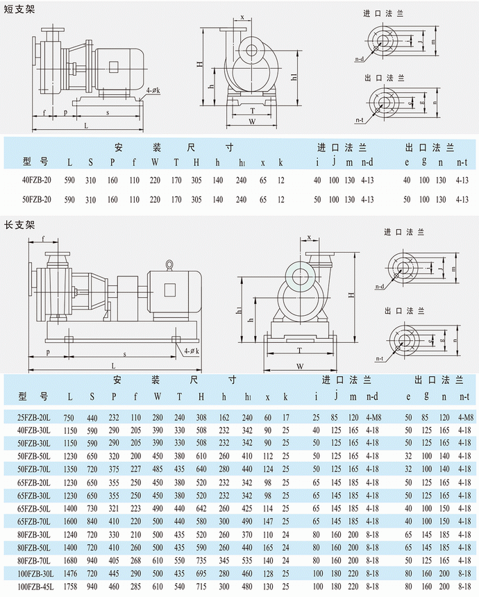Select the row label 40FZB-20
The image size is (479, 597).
[37, 180]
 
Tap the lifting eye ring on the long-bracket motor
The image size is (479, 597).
[168, 264]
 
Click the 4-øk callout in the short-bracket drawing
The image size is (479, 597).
[154, 91]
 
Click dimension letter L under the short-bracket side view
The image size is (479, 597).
[86, 126]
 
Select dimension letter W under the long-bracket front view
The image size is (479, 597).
[300, 366]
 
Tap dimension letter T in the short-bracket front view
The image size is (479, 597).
[253, 110]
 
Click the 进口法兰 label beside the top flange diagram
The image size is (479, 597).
[397, 14]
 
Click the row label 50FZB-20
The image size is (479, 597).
[37, 200]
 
